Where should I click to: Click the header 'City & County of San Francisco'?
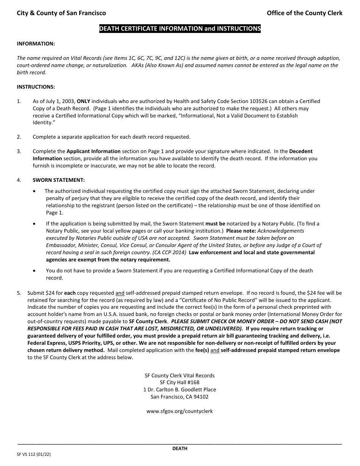coord(61,13)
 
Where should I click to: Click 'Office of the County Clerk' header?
coord(304,13)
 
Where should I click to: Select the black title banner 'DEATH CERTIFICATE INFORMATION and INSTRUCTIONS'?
coord(180,28)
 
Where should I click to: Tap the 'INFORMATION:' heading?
coord(36,44)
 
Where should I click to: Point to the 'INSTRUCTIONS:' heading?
coord(36,87)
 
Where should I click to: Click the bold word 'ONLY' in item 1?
coord(83,101)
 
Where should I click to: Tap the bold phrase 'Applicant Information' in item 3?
coord(94,151)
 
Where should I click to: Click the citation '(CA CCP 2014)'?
coord(170,252)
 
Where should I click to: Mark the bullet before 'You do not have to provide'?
coord(35,271)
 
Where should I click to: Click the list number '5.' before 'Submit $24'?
coord(19,293)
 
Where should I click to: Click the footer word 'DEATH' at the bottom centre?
coord(180,449)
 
